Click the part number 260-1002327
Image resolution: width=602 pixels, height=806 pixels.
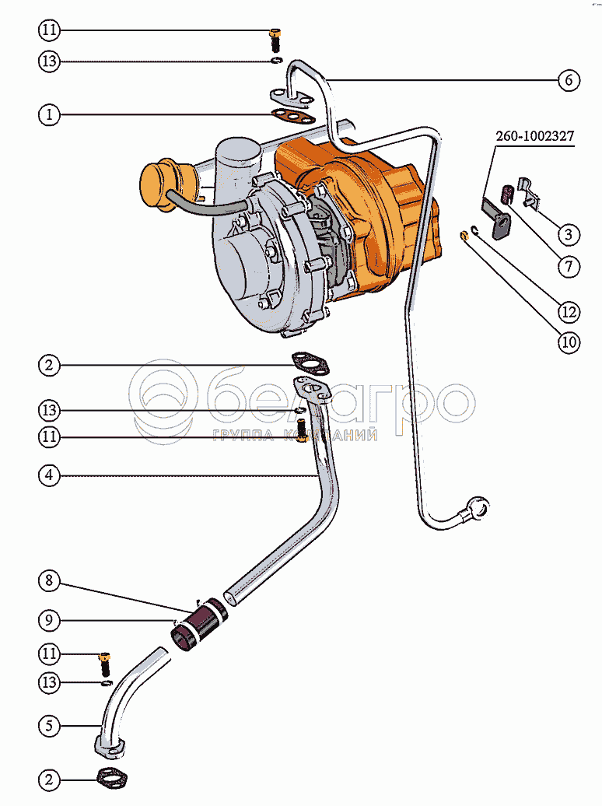click(x=534, y=136)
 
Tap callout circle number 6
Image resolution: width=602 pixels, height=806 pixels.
click(x=569, y=80)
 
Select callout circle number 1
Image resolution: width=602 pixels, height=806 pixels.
click(x=49, y=114)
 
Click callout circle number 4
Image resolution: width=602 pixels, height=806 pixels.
click(x=49, y=475)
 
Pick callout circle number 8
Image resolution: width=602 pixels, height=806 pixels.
click(x=49, y=581)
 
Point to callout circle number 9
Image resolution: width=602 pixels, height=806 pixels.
click(x=49, y=620)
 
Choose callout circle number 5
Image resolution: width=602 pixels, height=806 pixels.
click(x=49, y=727)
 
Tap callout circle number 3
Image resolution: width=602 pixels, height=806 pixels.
click(x=569, y=235)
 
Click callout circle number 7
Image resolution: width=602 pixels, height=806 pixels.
click(x=569, y=267)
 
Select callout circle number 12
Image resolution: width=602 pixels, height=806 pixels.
click(x=569, y=312)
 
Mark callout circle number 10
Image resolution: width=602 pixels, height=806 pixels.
click(x=569, y=342)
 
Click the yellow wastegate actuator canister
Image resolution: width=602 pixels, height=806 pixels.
click(x=160, y=185)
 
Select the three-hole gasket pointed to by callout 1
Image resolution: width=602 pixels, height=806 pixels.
click(x=292, y=116)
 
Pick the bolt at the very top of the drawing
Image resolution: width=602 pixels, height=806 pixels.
click(x=275, y=40)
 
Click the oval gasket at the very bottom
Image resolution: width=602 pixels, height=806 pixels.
click(x=112, y=778)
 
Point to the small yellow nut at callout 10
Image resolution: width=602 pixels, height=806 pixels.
click(x=464, y=236)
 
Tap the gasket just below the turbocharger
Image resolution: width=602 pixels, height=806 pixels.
click(x=310, y=363)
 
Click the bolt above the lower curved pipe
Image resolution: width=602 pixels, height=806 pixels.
click(x=105, y=664)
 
